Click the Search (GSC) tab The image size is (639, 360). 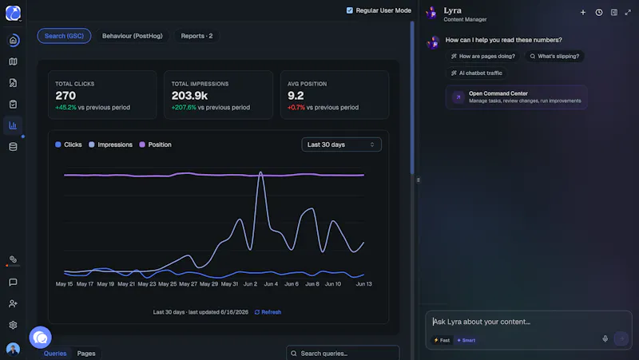pyautogui.click(x=64, y=36)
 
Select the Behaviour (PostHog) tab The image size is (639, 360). pyautogui.click(x=132, y=36)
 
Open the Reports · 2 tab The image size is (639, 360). pyautogui.click(x=196, y=36)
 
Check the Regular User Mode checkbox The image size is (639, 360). pyautogui.click(x=350, y=10)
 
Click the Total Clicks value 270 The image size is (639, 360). pyautogui.click(x=65, y=96)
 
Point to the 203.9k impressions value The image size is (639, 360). pyautogui.click(x=189, y=96)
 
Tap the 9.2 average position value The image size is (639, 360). pyautogui.click(x=296, y=96)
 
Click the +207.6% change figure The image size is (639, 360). pyautogui.click(x=184, y=108)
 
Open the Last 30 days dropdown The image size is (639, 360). pyautogui.click(x=341, y=144)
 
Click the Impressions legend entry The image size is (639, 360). pyautogui.click(x=110, y=144)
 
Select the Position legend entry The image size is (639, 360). pyautogui.click(x=155, y=144)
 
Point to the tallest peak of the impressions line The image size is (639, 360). pyautogui.click(x=260, y=172)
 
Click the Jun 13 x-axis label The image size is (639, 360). pyautogui.click(x=364, y=284)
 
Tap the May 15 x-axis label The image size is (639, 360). pyautogui.click(x=64, y=284)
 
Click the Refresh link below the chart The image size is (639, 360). pyautogui.click(x=268, y=312)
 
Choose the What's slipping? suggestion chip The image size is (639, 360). pyautogui.click(x=554, y=56)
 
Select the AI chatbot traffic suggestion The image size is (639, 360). pyautogui.click(x=476, y=73)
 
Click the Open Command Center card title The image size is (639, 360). pyautogui.click(x=498, y=93)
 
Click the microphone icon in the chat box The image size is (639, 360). pyautogui.click(x=605, y=338)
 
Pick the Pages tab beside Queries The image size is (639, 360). pyautogui.click(x=86, y=354)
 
